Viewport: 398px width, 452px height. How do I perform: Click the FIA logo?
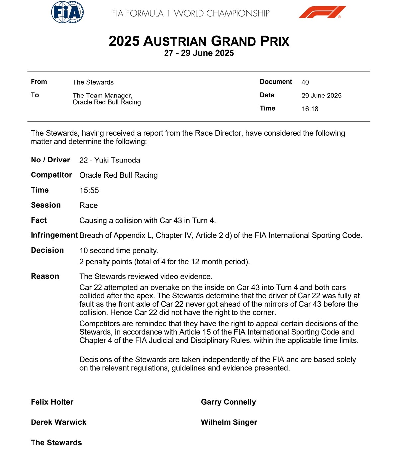click(67, 12)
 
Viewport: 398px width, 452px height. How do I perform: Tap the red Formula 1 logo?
click(322, 12)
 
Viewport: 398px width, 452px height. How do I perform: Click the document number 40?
click(305, 82)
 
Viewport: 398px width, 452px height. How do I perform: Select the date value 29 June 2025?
click(321, 96)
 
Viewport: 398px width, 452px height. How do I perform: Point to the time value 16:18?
click(310, 109)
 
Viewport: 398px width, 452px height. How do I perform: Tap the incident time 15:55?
click(89, 190)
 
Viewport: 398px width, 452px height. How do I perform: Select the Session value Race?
click(88, 205)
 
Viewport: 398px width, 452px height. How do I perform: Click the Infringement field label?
click(54, 235)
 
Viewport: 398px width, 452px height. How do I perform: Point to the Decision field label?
click(47, 250)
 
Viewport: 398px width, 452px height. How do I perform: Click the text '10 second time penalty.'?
click(119, 251)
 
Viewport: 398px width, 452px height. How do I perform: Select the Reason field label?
click(45, 276)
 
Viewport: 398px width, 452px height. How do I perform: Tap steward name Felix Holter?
click(52, 402)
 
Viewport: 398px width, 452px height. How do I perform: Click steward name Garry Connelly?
click(228, 402)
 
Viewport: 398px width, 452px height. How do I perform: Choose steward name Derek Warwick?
click(58, 422)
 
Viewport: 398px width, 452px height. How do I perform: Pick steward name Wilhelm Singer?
click(229, 422)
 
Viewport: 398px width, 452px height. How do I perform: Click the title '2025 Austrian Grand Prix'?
click(199, 41)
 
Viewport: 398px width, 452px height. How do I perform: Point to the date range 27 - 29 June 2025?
click(199, 53)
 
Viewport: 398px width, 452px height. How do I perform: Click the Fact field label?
click(39, 220)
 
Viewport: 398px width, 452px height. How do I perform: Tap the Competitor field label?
click(51, 175)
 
